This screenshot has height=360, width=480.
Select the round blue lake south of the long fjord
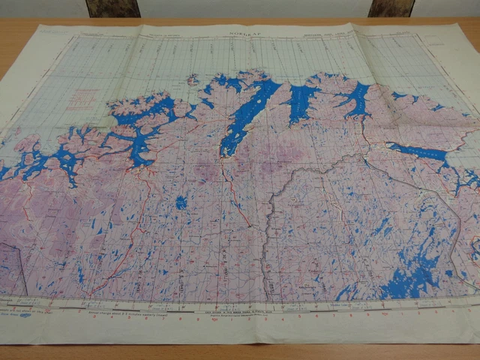point(181,202)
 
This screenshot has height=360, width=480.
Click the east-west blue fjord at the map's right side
point(420,154)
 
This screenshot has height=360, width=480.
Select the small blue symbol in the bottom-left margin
point(25,316)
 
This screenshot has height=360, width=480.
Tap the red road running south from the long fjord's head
point(229,187)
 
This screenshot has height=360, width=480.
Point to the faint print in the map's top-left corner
point(52,31)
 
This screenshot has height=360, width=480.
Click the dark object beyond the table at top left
point(112,8)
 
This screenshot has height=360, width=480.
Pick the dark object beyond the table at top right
point(390,7)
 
